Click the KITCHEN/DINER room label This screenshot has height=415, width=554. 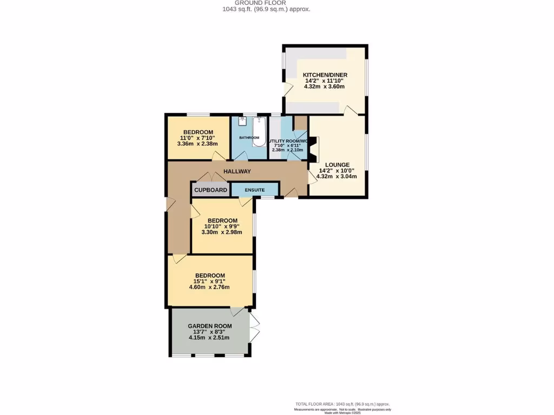point(325,75)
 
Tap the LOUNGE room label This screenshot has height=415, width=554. point(337,165)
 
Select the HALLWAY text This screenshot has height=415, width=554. point(238,171)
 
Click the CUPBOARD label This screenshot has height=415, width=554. point(210,190)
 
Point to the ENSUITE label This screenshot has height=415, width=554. point(254,190)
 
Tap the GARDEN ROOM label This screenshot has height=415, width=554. point(210,326)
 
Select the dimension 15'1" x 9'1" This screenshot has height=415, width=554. point(210,281)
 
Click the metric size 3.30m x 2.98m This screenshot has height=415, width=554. point(222,232)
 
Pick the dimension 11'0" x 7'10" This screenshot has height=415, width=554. point(198,138)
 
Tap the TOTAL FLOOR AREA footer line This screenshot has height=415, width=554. point(342,404)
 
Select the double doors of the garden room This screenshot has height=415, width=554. point(255,327)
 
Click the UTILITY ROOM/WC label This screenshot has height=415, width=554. point(289,141)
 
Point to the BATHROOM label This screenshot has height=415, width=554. point(249,138)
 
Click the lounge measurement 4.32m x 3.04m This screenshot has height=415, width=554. point(337,176)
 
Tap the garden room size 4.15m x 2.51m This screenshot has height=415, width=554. point(209,338)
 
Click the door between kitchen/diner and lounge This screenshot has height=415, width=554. point(350,111)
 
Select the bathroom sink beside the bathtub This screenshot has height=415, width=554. point(242,121)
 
